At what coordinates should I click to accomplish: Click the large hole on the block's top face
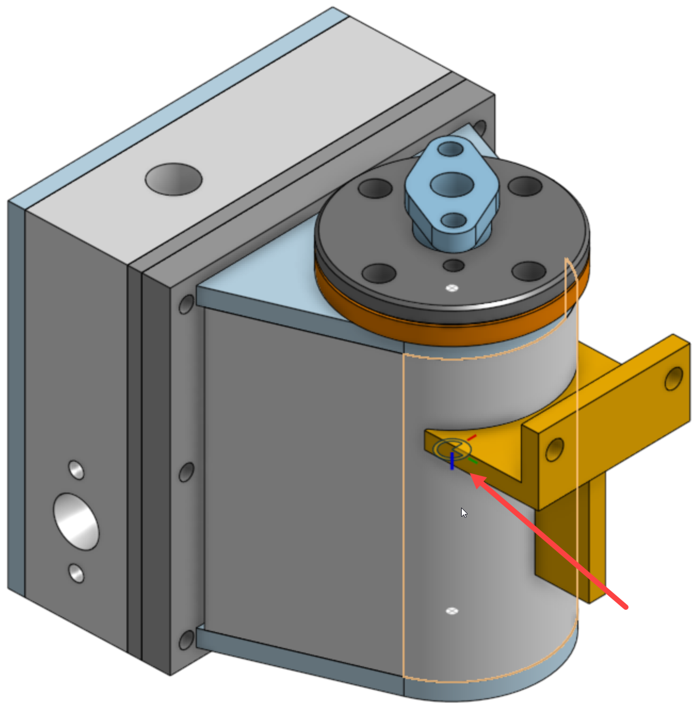point(173,179)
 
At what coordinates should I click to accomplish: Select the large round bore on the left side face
point(76,521)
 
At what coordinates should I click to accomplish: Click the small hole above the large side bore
point(76,470)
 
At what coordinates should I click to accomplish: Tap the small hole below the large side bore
point(76,573)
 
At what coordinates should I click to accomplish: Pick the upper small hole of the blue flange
point(451,149)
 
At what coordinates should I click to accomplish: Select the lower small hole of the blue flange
point(453,220)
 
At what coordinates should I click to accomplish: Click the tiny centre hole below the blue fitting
point(453,265)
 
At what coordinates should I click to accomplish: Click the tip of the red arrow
point(473,476)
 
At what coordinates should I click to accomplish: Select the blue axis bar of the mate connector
point(452,461)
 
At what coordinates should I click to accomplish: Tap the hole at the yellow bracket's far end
point(673,378)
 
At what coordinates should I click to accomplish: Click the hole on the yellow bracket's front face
point(554,450)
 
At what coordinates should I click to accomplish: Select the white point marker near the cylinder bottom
point(452,611)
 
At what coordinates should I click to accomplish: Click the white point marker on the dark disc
point(452,288)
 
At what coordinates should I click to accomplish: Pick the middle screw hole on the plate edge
point(186,472)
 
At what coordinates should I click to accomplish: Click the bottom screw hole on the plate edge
point(186,640)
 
